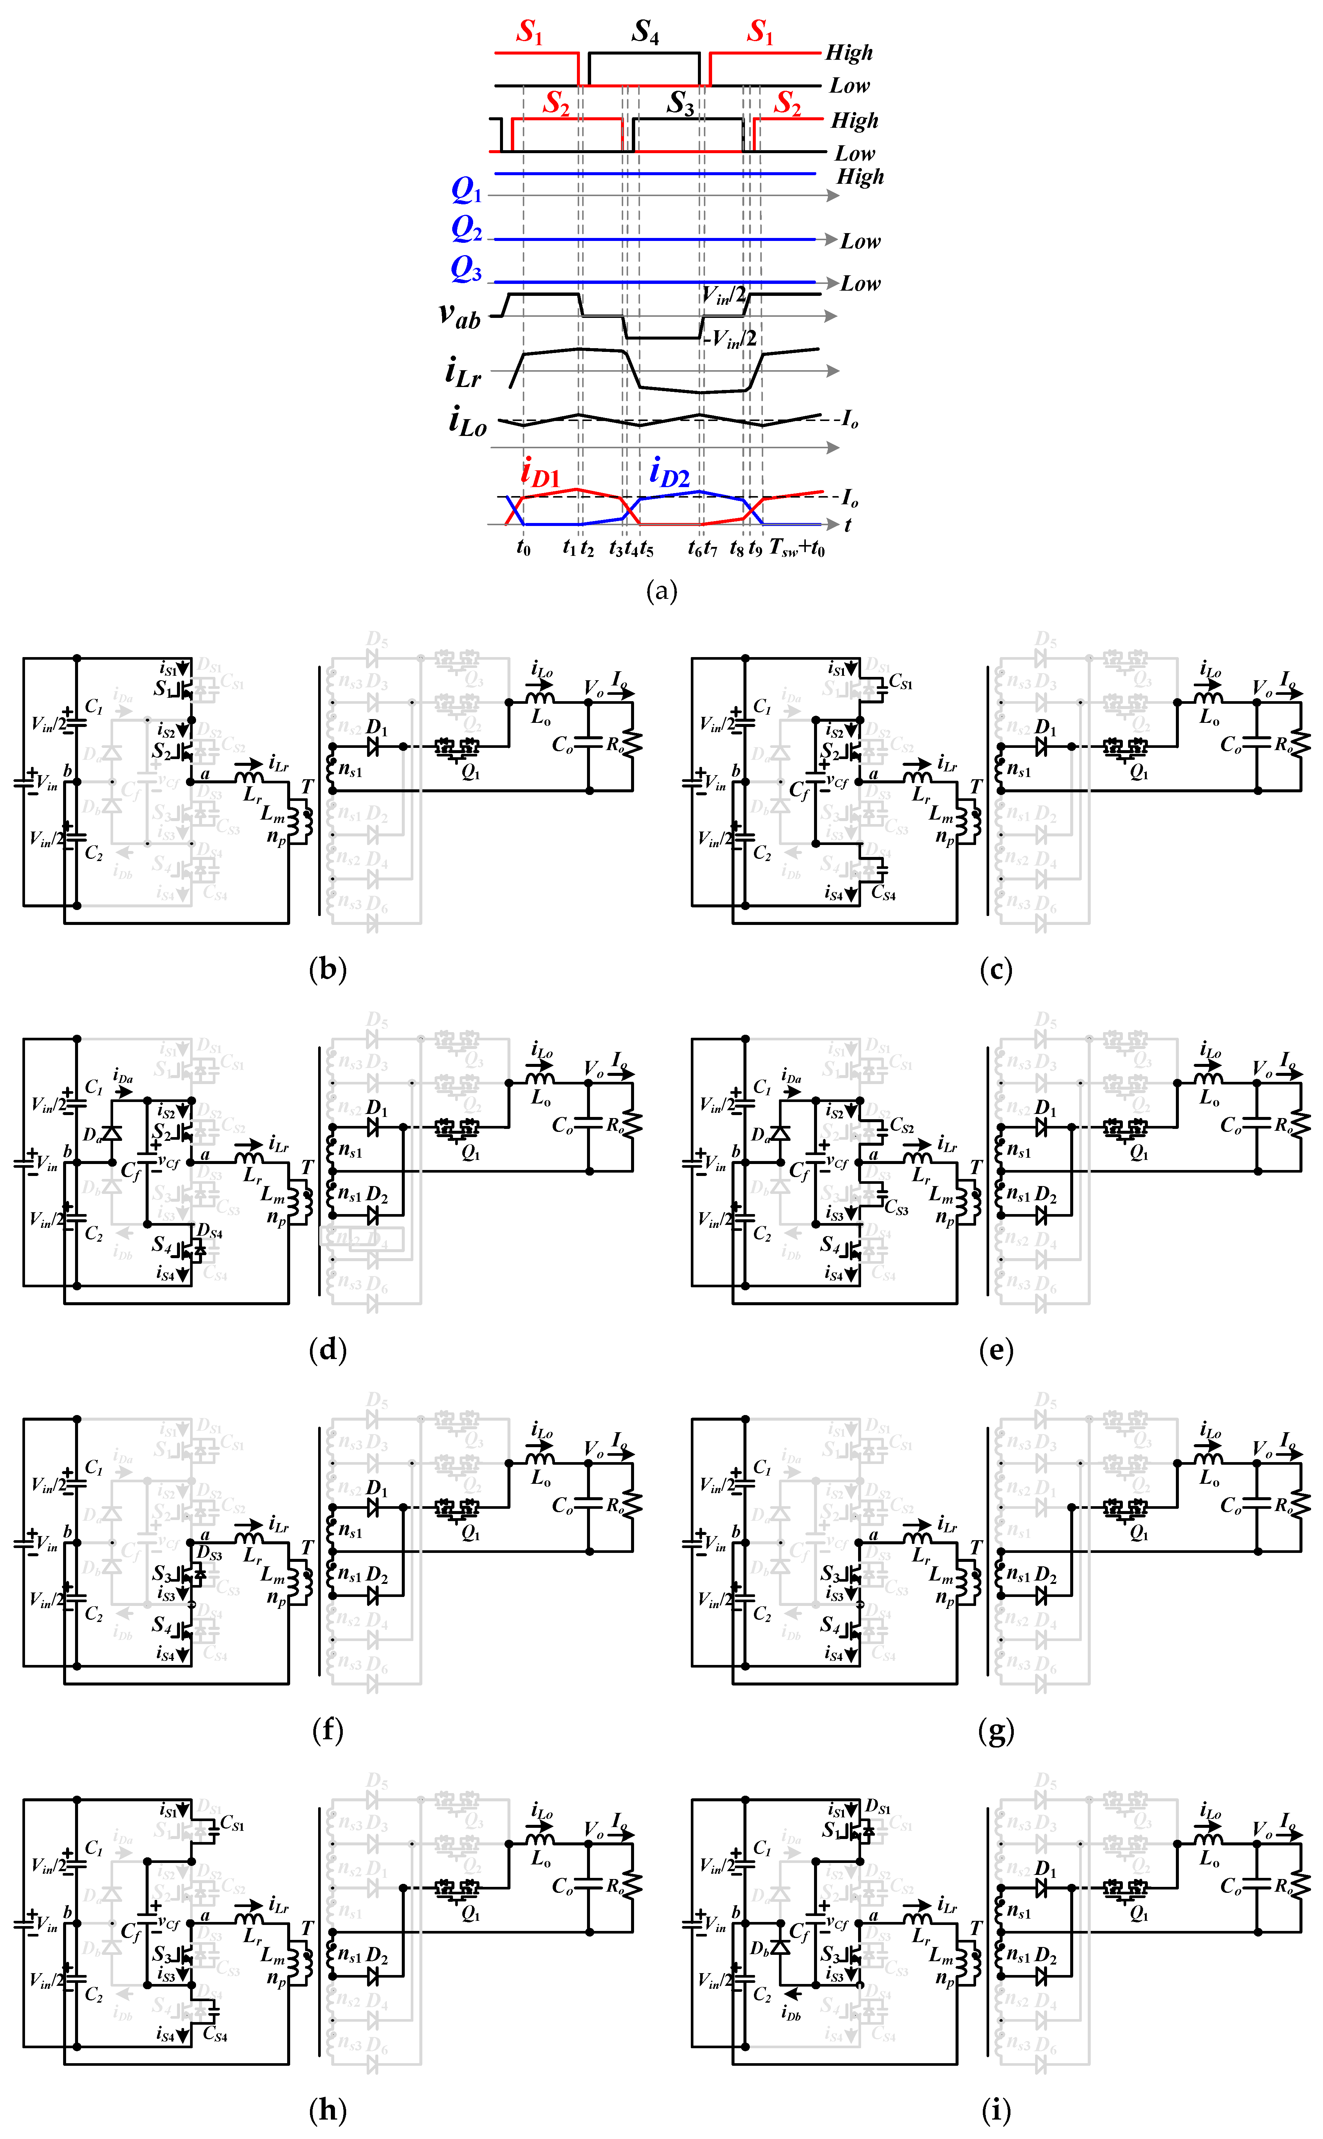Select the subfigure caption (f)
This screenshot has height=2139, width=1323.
327,1730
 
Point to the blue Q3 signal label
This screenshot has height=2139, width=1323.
466,269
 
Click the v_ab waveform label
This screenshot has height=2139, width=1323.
459,315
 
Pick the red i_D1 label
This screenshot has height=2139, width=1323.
540,473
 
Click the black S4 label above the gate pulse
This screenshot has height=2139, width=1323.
645,32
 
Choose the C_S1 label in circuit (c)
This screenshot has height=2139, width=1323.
900,681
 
